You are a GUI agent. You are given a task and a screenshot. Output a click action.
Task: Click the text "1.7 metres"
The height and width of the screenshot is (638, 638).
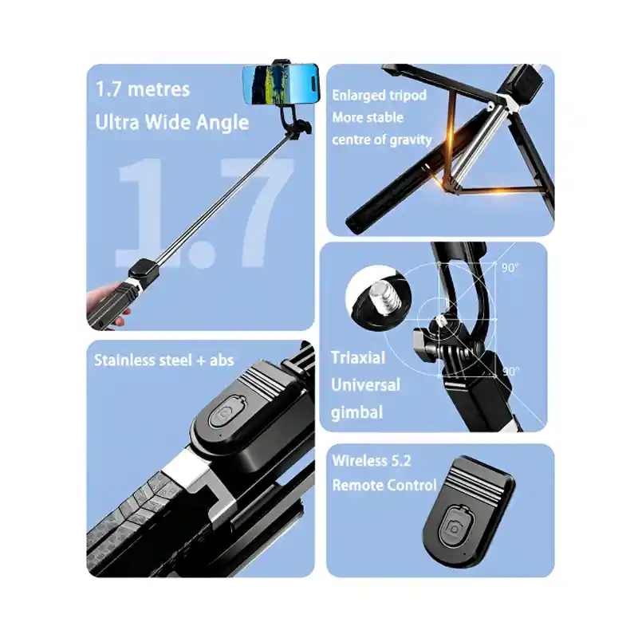click(143, 89)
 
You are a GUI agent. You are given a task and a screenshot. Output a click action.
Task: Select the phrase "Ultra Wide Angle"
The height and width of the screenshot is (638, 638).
click(171, 122)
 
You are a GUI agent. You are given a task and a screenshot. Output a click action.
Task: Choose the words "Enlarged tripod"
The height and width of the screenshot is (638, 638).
click(379, 96)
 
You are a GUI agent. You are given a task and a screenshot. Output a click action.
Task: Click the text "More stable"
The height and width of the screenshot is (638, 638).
click(368, 117)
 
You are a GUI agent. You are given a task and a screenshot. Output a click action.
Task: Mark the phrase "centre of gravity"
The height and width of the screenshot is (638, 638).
click(382, 140)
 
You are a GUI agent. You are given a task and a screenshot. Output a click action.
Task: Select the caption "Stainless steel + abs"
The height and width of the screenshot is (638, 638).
click(164, 360)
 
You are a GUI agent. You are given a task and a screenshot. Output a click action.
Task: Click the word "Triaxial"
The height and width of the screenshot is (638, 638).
click(358, 357)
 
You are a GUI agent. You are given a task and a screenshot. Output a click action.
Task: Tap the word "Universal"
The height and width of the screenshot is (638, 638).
click(365, 385)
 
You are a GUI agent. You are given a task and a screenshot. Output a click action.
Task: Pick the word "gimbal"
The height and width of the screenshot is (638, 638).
click(357, 412)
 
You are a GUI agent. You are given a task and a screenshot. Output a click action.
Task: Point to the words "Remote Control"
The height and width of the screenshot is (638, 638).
click(384, 485)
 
